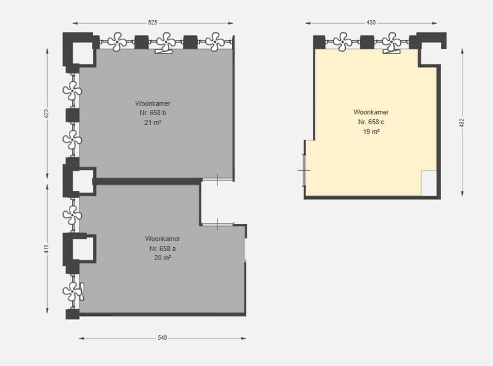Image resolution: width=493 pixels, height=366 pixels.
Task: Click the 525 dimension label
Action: (x=153, y=23)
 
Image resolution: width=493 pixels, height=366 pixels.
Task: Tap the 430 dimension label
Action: (x=371, y=23)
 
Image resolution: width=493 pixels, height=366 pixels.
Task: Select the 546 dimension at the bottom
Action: (x=163, y=338)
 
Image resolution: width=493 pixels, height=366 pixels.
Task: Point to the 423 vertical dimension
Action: (x=46, y=114)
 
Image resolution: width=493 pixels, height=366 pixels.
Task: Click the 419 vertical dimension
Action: (x=46, y=249)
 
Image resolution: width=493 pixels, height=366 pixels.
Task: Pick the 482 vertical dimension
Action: (x=462, y=123)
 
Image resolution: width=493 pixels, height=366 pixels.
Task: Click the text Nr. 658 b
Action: (x=153, y=113)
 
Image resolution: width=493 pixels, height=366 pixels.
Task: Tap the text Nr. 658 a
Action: (x=163, y=248)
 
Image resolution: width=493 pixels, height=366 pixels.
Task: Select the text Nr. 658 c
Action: (x=371, y=122)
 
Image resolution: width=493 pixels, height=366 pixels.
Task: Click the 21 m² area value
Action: (x=153, y=122)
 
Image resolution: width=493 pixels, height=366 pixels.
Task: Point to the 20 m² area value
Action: (x=163, y=258)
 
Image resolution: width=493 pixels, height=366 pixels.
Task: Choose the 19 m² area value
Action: (x=371, y=132)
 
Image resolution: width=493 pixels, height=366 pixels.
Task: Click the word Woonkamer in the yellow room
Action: (x=371, y=112)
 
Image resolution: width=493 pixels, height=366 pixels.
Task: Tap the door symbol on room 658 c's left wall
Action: (x=304, y=170)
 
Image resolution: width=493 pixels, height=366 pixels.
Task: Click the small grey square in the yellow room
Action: (x=429, y=183)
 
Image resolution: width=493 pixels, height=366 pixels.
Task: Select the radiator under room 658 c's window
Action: (x=392, y=51)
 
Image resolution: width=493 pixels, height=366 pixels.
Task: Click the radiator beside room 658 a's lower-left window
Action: (x=82, y=291)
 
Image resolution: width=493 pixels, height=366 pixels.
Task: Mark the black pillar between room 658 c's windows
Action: (x=367, y=42)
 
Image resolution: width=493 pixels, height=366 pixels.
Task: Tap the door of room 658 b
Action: (x=217, y=179)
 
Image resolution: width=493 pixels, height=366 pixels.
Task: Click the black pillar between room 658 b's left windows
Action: (x=72, y=115)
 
